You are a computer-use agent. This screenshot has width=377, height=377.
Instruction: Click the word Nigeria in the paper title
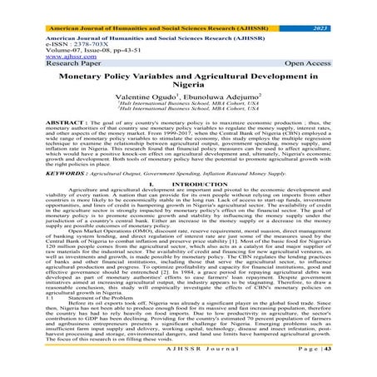tap(188, 84)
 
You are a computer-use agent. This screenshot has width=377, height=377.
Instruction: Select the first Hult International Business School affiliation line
tap(188, 107)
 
